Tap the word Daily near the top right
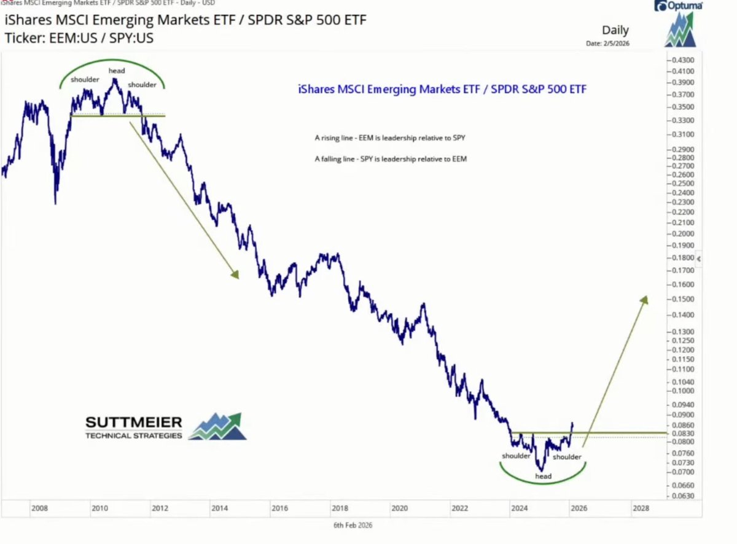point(615,30)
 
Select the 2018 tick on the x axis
point(340,508)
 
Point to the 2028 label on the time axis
point(639,508)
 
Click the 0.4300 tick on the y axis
point(682,60)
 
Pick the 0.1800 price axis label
point(682,258)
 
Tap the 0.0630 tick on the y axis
point(682,496)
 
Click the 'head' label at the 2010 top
point(117,71)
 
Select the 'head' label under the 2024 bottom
point(543,476)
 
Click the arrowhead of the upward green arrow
point(644,299)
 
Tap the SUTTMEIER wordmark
point(133,422)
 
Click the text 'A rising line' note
point(394,138)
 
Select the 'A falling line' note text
point(391,159)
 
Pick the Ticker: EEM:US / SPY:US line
point(79,37)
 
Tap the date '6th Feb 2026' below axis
point(353,525)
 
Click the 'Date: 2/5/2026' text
point(608,43)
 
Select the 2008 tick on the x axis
point(40,508)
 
